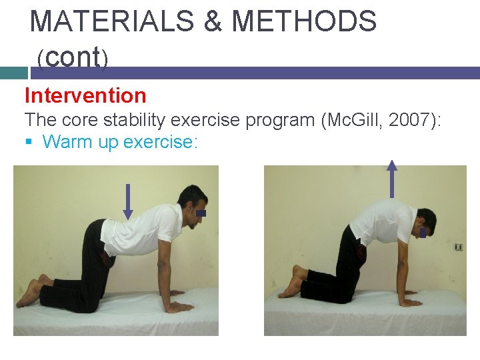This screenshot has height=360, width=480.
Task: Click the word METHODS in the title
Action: (304, 21)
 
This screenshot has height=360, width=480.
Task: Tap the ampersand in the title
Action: (213, 21)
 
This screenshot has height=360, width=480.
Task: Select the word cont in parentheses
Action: (73, 58)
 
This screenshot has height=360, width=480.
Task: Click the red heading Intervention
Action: (85, 95)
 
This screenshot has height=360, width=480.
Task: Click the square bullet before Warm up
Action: (29, 142)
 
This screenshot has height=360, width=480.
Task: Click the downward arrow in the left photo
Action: (127, 201)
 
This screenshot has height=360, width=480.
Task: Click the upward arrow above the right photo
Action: (392, 179)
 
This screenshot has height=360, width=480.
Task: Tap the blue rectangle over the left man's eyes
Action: (201, 213)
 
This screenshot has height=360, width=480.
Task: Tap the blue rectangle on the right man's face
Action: (423, 233)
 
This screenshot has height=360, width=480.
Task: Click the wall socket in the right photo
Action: (458, 247)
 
